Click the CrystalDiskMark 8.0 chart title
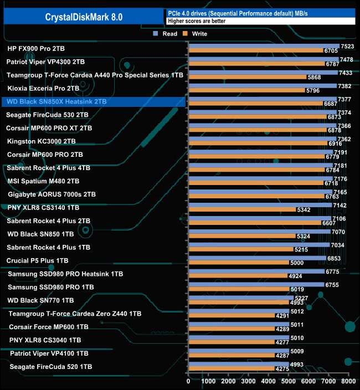pyautogui.click(x=84, y=18)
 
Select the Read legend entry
pyautogui.click(x=166, y=34)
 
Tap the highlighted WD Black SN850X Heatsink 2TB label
pyautogui.click(x=55, y=102)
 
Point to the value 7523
pyautogui.click(x=347, y=47)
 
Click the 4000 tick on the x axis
pyautogui.click(x=269, y=381)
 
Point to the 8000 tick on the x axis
pyautogui.click(x=348, y=381)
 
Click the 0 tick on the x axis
pyautogui.click(x=189, y=381)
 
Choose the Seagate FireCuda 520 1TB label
pyautogui.click(x=50, y=367)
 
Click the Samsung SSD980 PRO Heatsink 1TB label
pyautogui.click(x=65, y=274)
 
